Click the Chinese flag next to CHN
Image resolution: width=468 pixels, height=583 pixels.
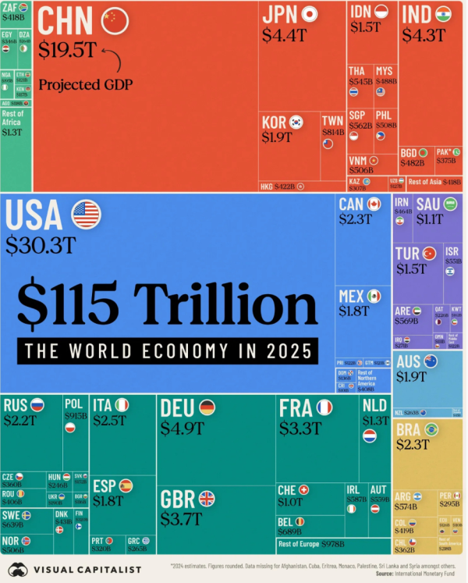coord(115,20)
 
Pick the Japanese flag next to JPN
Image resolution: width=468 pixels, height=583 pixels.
coord(309,14)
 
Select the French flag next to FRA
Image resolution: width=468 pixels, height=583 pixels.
coord(324,407)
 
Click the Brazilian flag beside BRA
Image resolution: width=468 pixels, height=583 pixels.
coord(431,428)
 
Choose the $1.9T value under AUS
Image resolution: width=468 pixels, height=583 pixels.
coord(412,377)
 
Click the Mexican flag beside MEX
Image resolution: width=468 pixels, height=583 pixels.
coord(374,296)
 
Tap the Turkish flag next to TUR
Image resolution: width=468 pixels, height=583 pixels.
coord(428,253)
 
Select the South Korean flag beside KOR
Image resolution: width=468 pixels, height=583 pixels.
coord(296,122)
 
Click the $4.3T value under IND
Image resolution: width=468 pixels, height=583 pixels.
coord(423,35)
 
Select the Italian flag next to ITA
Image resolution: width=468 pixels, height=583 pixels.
coord(122,405)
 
